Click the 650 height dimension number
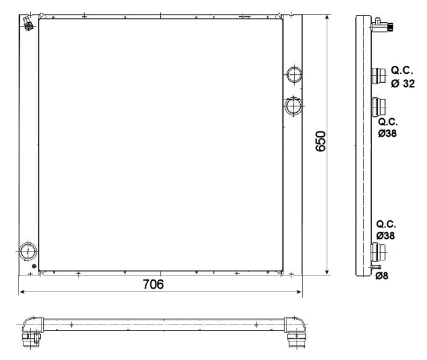pos(321,142)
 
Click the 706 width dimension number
pos(158,283)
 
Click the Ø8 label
pos(382,277)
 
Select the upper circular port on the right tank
pos(294,74)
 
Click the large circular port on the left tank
pos(28,250)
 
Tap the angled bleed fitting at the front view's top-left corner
pos(28,22)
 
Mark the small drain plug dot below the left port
pos(35,266)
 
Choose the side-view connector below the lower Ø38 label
pos(378,251)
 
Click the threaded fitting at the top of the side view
pos(381,26)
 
